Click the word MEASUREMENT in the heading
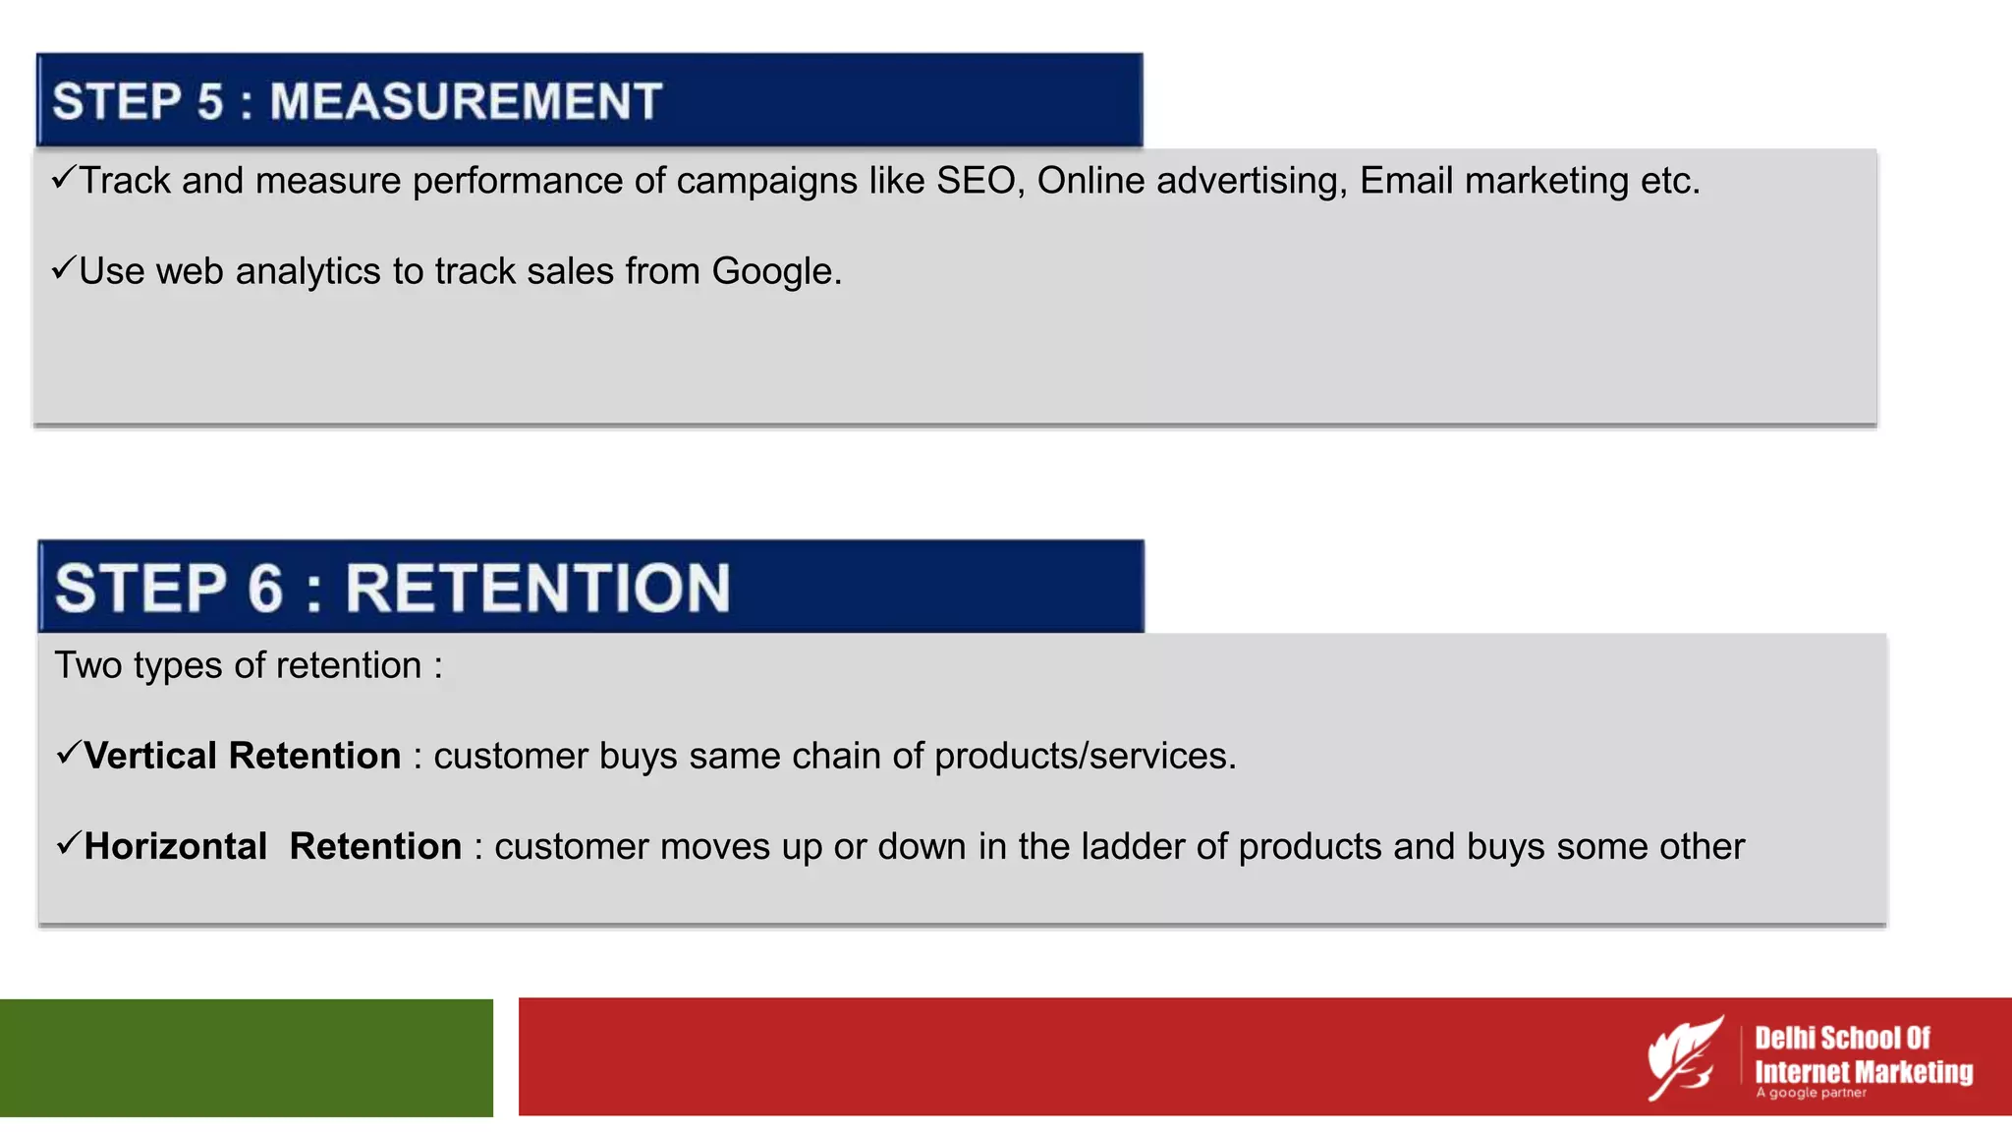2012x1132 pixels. [466, 102]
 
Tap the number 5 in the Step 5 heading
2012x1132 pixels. [210, 102]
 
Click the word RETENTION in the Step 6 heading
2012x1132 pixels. [537, 589]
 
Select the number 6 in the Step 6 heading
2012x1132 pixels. [265, 589]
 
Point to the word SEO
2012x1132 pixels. [975, 181]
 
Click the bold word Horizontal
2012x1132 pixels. [176, 846]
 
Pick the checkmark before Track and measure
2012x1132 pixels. [64, 178]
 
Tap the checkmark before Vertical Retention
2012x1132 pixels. [69, 753]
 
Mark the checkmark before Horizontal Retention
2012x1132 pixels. [69, 843]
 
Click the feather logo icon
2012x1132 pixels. [1684, 1057]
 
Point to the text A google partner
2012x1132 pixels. [1811, 1093]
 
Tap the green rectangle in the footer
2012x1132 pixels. [246, 1057]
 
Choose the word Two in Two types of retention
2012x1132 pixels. [88, 665]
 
